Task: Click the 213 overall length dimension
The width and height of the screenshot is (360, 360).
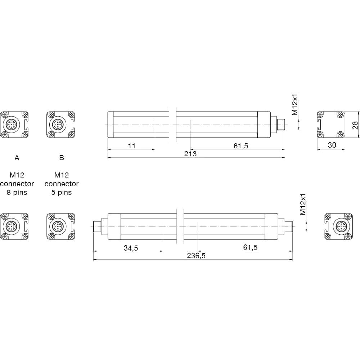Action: point(190,154)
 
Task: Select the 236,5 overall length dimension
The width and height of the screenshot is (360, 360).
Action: point(196,256)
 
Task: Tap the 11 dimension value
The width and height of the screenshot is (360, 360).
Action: point(132,146)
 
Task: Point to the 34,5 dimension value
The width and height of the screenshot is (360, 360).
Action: point(131,248)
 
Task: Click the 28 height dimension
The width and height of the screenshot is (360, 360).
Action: point(355,125)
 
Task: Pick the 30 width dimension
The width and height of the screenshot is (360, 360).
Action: point(332,145)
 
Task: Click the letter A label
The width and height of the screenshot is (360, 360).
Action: point(17,158)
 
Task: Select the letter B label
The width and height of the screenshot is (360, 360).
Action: point(62,158)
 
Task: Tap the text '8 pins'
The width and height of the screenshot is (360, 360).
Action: point(17,192)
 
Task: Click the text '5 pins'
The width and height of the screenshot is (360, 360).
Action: point(62,192)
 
